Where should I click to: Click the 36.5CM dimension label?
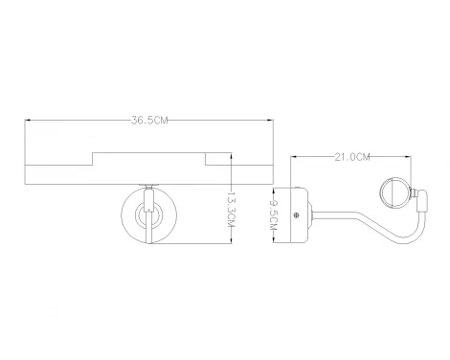(149, 121)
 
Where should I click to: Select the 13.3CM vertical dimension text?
(231, 210)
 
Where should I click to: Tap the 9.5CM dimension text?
(274, 214)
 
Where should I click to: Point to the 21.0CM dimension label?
(352, 157)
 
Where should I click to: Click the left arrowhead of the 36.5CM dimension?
(28, 121)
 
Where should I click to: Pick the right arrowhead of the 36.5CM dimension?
(271, 121)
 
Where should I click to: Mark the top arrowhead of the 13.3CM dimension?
(231, 156)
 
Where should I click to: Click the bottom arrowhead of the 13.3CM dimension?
(231, 241)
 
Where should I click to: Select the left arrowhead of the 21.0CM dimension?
(293, 157)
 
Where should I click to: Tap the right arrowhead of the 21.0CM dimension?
(408, 157)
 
